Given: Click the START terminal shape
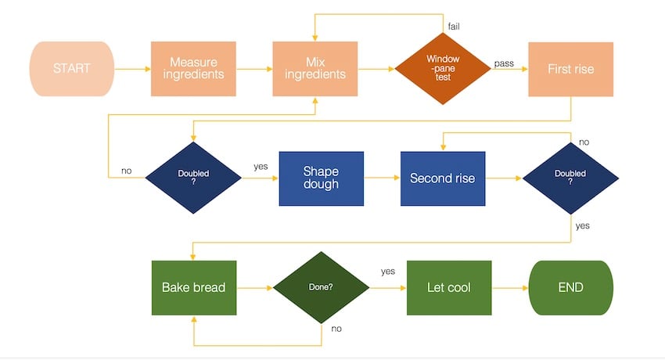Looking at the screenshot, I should [x=71, y=69].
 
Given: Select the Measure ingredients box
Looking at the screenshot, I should [x=193, y=69].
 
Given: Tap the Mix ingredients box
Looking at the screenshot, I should [x=315, y=69].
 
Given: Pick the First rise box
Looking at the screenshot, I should [x=571, y=69].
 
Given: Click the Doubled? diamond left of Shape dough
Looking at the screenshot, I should [x=193, y=178].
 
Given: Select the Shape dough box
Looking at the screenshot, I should [x=321, y=178].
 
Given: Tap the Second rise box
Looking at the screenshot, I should [x=443, y=178].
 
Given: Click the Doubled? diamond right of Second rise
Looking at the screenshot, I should [x=570, y=178].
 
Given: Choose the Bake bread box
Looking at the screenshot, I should [x=193, y=287].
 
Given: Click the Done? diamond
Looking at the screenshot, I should [x=321, y=287].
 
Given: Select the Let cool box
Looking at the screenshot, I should [x=448, y=287].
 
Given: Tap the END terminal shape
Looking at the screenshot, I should [x=571, y=287].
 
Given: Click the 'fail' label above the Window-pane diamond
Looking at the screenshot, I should [x=454, y=27].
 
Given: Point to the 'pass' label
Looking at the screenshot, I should [x=504, y=63].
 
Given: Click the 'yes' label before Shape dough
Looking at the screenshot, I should [x=261, y=167].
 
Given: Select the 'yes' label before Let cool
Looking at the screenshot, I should [x=388, y=272].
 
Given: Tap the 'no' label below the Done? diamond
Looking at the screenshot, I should [x=336, y=329].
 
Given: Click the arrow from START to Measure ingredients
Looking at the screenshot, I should [x=132, y=69].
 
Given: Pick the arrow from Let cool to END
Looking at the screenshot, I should [x=510, y=288].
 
